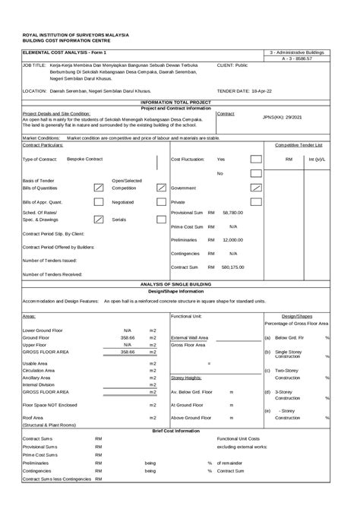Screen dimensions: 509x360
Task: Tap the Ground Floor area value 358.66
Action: pos(128,337)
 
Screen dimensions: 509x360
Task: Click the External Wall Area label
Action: pos(190,337)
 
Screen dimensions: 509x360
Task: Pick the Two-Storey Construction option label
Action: pos(287,373)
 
